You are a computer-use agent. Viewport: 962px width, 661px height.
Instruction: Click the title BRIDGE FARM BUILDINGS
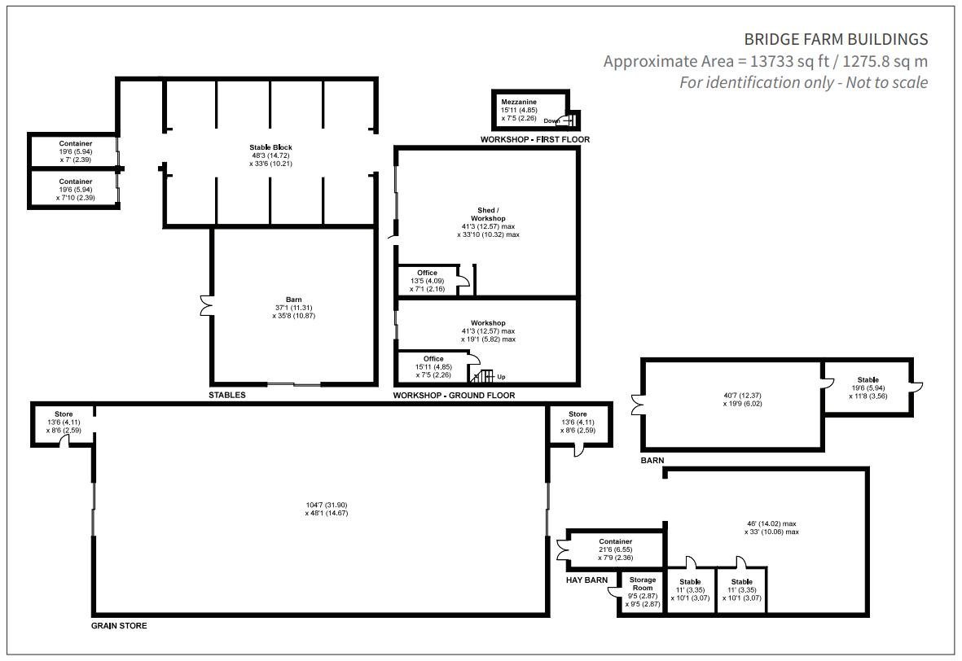836,39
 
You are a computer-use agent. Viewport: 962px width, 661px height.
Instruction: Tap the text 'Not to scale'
886,82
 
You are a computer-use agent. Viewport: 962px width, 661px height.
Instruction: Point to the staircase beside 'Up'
482,375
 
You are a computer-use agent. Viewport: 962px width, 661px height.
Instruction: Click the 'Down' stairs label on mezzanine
551,120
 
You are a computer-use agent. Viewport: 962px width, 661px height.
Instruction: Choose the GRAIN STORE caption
119,626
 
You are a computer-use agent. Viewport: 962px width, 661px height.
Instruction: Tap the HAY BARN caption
587,580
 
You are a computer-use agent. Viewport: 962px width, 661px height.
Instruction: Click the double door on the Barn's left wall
206,306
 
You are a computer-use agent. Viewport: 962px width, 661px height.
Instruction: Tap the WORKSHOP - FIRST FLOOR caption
535,140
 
